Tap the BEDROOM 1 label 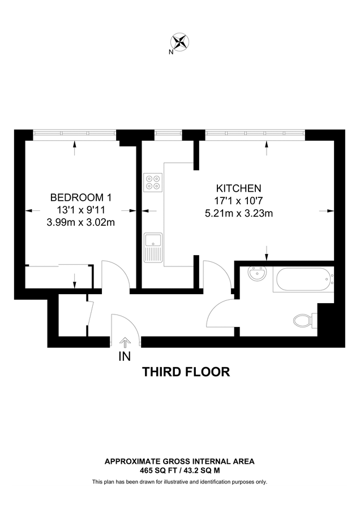click(81, 197)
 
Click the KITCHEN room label click(239, 188)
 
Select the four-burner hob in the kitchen click(153, 182)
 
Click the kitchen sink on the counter click(153, 247)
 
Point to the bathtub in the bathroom click(301, 279)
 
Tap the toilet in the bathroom click(304, 321)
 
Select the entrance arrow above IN click(125, 342)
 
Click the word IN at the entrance click(125, 356)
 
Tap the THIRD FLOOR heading click(186, 372)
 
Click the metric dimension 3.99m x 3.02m click(81, 222)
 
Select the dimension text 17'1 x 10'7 click(239, 201)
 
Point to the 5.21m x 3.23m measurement click(239, 213)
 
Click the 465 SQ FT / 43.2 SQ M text click(179, 470)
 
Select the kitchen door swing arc click(218, 271)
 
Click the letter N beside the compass click(171, 52)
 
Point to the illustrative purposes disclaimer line click(179, 482)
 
